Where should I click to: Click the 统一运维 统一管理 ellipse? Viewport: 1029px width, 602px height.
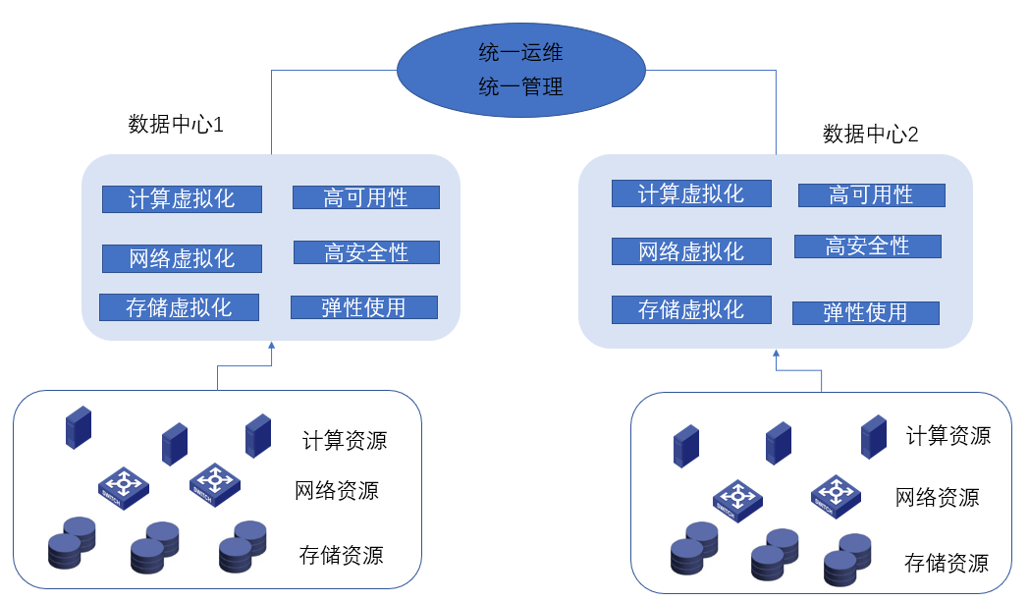pos(520,70)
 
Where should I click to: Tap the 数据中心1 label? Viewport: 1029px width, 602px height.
pos(177,125)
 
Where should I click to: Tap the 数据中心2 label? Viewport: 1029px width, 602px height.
pos(870,135)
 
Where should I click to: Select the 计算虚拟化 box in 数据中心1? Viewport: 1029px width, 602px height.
pos(182,199)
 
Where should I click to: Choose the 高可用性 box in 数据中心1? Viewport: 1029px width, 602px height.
pos(365,197)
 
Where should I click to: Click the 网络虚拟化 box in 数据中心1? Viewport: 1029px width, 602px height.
pos(182,258)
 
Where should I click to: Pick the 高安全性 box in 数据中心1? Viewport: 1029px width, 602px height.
pos(366,252)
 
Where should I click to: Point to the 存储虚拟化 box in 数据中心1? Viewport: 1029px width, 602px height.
pos(179,307)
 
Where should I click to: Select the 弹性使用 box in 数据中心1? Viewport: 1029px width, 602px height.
pos(363,307)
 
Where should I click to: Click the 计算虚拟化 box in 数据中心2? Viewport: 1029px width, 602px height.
pos(691,193)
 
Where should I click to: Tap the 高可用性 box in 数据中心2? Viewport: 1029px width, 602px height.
pos(871,194)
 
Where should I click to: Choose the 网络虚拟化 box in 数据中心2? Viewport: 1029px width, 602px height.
pos(691,251)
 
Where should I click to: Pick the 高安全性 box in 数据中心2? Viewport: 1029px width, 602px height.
pos(867,246)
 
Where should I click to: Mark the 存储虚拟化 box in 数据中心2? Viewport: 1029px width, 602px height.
pos(691,310)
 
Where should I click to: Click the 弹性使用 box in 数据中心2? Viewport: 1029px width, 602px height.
pos(865,313)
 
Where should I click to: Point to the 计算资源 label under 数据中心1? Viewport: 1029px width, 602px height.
pos(345,439)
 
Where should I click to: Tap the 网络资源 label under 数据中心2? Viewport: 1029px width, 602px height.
pos(937,497)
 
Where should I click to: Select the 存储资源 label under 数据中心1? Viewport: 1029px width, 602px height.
pos(341,555)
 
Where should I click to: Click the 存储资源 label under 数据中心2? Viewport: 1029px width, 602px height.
pos(946,563)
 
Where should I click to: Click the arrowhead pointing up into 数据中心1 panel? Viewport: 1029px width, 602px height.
pos(272,346)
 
